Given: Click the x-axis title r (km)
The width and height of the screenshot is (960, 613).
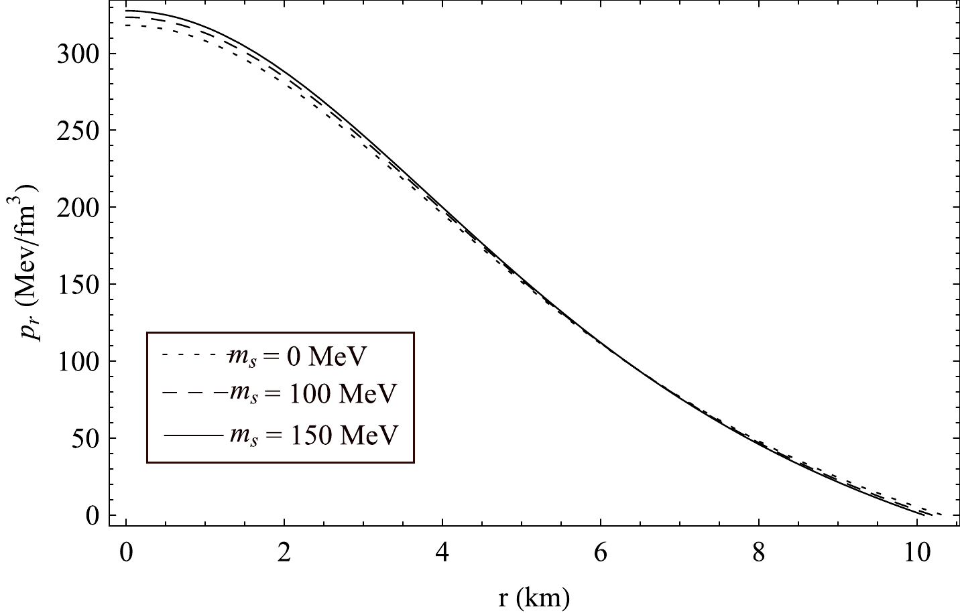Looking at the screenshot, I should (534, 596).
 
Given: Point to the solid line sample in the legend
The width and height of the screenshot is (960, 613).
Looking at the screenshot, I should (192, 435).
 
